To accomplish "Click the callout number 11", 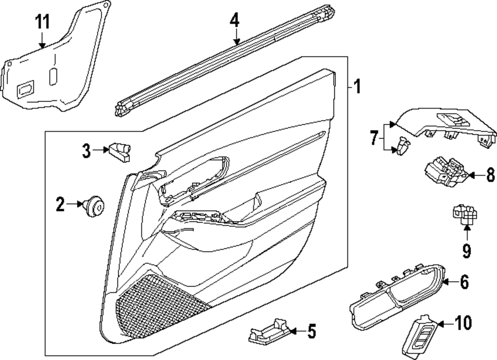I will pyautogui.click(x=42, y=22).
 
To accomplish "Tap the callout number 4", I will pyautogui.click(x=235, y=20).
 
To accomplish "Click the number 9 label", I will pyautogui.click(x=466, y=251).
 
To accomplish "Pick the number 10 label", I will pyautogui.click(x=463, y=323).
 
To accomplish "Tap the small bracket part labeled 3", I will pyautogui.click(x=121, y=150).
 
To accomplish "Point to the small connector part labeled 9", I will pyautogui.click(x=465, y=216).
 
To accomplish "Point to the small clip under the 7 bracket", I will pyautogui.click(x=403, y=146).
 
